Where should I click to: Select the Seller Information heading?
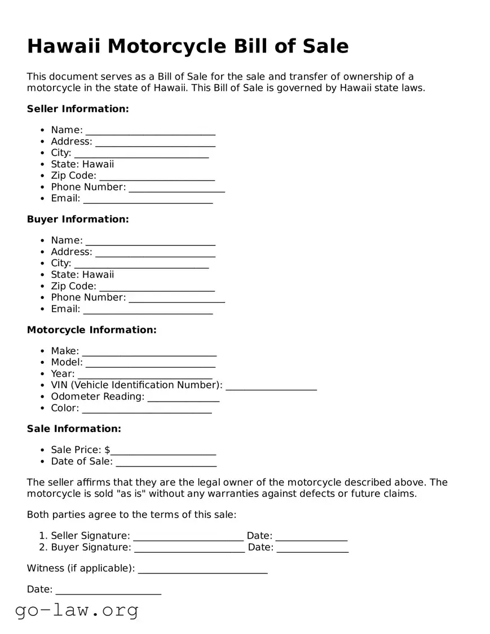point(78,109)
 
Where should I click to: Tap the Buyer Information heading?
point(78,219)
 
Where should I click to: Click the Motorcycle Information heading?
point(91,330)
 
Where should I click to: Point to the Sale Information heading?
point(74,429)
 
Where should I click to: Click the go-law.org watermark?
point(77,610)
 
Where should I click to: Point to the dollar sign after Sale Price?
point(107,450)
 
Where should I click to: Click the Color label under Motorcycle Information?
point(65,408)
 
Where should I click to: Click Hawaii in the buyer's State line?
point(98,275)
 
